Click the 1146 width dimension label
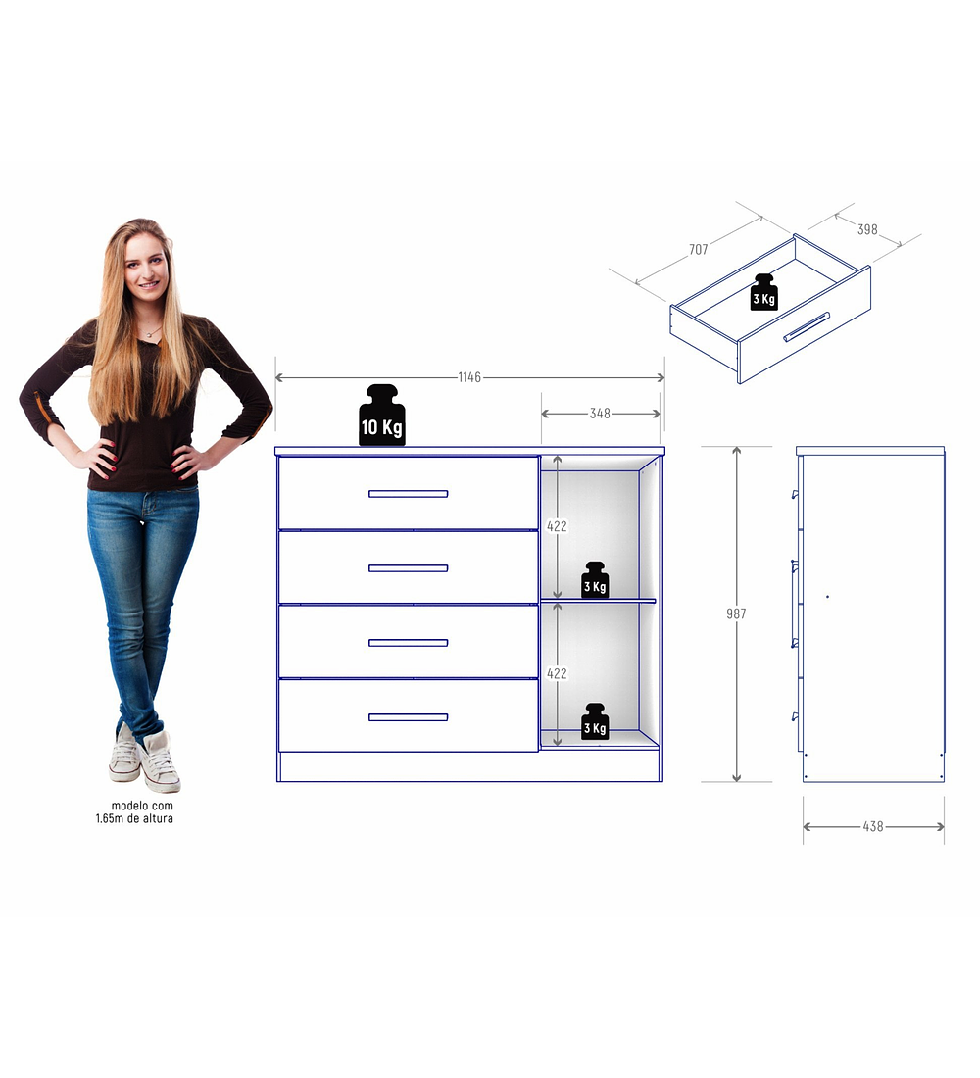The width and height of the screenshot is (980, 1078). [x=469, y=377]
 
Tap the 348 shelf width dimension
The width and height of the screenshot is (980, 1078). [x=600, y=414]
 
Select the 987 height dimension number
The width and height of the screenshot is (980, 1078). [x=736, y=613]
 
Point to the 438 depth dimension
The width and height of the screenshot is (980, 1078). [x=873, y=826]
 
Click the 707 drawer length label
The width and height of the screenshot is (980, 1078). [x=698, y=250]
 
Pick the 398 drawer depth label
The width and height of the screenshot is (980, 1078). [x=867, y=229]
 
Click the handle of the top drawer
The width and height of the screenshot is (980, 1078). [x=408, y=493]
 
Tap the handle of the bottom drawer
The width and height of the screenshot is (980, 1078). [x=408, y=716]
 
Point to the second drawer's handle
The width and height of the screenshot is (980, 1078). [x=408, y=567]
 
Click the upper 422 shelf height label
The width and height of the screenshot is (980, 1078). [x=557, y=526]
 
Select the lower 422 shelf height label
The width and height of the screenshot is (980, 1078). [x=557, y=673]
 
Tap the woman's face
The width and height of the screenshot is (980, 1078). [x=145, y=266]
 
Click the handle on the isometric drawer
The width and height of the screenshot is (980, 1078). [x=806, y=326]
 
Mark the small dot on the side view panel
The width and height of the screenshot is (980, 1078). [x=827, y=596]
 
